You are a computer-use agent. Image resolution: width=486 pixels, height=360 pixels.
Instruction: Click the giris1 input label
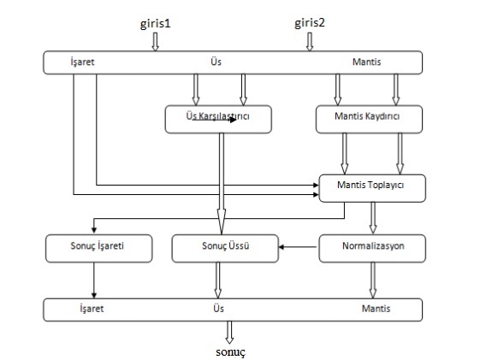(155, 24)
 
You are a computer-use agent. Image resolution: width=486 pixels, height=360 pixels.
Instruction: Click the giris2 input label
(310, 22)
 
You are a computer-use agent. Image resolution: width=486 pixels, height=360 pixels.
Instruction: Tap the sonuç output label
(230, 352)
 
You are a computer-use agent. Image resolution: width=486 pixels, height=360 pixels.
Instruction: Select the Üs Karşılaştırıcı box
(218, 119)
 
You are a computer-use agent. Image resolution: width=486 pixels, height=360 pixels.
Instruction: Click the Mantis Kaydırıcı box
(369, 119)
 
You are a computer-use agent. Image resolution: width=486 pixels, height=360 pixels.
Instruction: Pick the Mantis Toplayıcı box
(372, 188)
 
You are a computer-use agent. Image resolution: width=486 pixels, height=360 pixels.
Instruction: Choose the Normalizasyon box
(372, 249)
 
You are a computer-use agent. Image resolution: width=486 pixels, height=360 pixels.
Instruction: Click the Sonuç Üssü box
(225, 249)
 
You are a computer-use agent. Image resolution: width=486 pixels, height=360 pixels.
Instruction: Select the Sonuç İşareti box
(99, 249)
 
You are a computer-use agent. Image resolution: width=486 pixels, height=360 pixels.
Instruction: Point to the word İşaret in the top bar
(82, 62)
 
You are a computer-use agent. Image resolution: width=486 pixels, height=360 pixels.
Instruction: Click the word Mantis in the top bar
(367, 62)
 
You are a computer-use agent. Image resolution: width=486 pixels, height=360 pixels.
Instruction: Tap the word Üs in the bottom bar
(218, 308)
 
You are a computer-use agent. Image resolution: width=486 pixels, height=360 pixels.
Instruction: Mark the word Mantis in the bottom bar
(376, 309)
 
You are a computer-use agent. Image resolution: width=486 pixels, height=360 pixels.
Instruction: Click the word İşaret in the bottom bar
(92, 309)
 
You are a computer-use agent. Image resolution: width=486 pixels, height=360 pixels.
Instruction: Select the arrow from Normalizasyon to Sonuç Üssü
(298, 247)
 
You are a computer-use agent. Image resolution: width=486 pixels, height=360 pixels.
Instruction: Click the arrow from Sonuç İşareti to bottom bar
(94, 280)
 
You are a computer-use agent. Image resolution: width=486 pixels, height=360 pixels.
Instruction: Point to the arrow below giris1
(155, 42)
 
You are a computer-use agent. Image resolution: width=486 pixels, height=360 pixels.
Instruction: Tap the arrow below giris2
(310, 42)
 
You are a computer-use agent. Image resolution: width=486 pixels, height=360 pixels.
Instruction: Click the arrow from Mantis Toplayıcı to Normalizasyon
(373, 218)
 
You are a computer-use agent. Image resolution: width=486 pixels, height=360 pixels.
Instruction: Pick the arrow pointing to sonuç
(229, 333)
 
